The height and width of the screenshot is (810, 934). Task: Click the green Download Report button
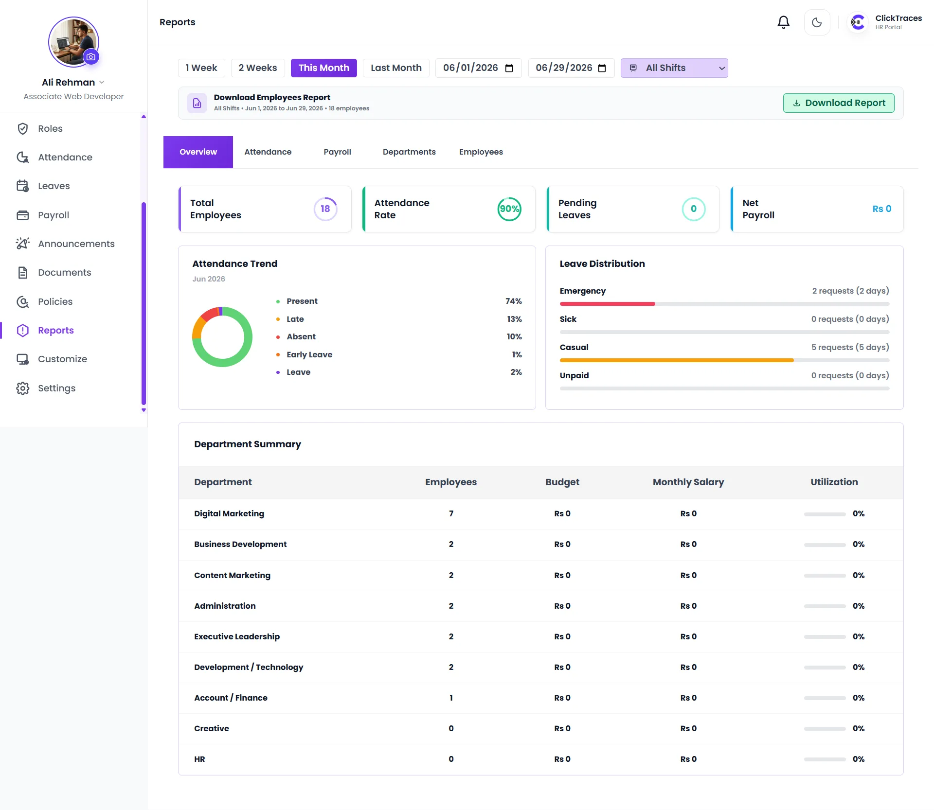(x=839, y=103)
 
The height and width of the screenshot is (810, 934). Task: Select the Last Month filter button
(x=396, y=68)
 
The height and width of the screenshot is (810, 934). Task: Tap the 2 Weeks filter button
(x=258, y=68)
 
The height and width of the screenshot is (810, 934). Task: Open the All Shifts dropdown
(x=674, y=68)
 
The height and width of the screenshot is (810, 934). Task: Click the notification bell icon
(x=783, y=22)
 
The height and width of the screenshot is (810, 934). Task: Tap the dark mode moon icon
(x=817, y=22)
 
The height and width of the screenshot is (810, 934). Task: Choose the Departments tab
(x=409, y=152)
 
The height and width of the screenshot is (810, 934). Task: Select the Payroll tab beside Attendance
(x=337, y=152)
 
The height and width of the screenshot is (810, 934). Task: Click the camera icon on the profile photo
(x=91, y=57)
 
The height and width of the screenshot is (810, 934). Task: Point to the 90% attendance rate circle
(x=509, y=209)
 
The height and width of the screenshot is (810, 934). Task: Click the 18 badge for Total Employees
(x=325, y=209)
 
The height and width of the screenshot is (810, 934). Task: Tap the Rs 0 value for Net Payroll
(x=881, y=209)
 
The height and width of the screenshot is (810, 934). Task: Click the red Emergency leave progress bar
(x=607, y=304)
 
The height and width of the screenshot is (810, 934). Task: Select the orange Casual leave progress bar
(x=677, y=360)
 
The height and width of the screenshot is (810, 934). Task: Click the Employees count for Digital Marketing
(x=451, y=514)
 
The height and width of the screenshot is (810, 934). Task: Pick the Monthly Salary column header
(x=688, y=482)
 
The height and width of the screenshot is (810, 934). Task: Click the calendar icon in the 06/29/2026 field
(x=602, y=68)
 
